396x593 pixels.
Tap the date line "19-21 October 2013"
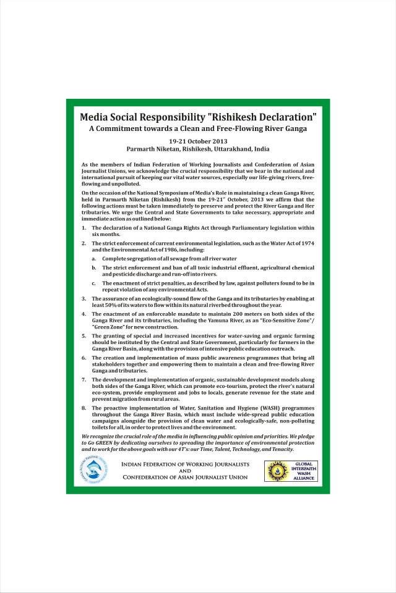point(198,141)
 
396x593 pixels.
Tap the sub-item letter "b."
point(94,267)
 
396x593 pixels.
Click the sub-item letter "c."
point(94,282)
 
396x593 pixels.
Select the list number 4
point(84,314)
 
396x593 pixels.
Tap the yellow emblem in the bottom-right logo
point(275,470)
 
